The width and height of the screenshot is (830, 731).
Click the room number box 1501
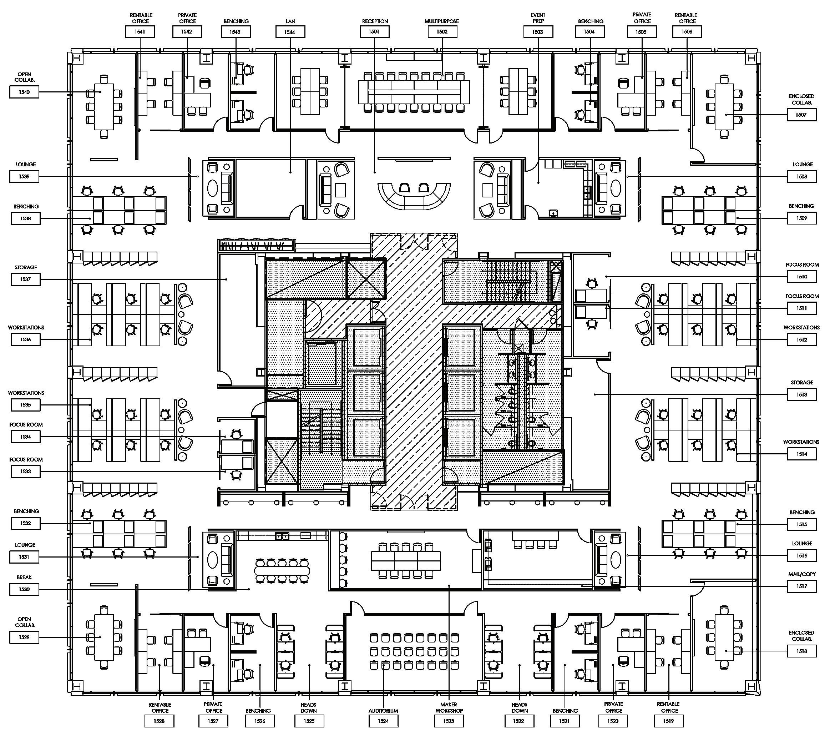[374, 32]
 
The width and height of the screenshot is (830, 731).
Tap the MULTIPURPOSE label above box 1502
[442, 21]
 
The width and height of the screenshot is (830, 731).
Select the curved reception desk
[414, 197]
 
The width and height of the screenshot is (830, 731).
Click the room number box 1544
[290, 32]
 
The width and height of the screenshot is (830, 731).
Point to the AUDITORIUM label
[383, 711]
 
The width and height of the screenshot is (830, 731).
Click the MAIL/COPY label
[801, 574]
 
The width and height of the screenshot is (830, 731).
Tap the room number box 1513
[801, 394]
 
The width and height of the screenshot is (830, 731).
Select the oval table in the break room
[282, 570]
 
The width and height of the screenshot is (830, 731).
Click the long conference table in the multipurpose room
[414, 92]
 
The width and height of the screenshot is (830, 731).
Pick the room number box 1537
[25, 279]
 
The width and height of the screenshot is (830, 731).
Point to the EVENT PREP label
[538, 18]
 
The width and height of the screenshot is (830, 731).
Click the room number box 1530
[24, 589]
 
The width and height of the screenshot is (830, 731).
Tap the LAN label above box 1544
[290, 21]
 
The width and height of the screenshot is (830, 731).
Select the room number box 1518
[801, 651]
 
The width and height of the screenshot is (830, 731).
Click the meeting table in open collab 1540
[104, 106]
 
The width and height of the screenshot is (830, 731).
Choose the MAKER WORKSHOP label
[449, 707]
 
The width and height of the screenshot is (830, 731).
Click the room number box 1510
[801, 277]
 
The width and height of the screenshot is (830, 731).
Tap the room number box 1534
[25, 437]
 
